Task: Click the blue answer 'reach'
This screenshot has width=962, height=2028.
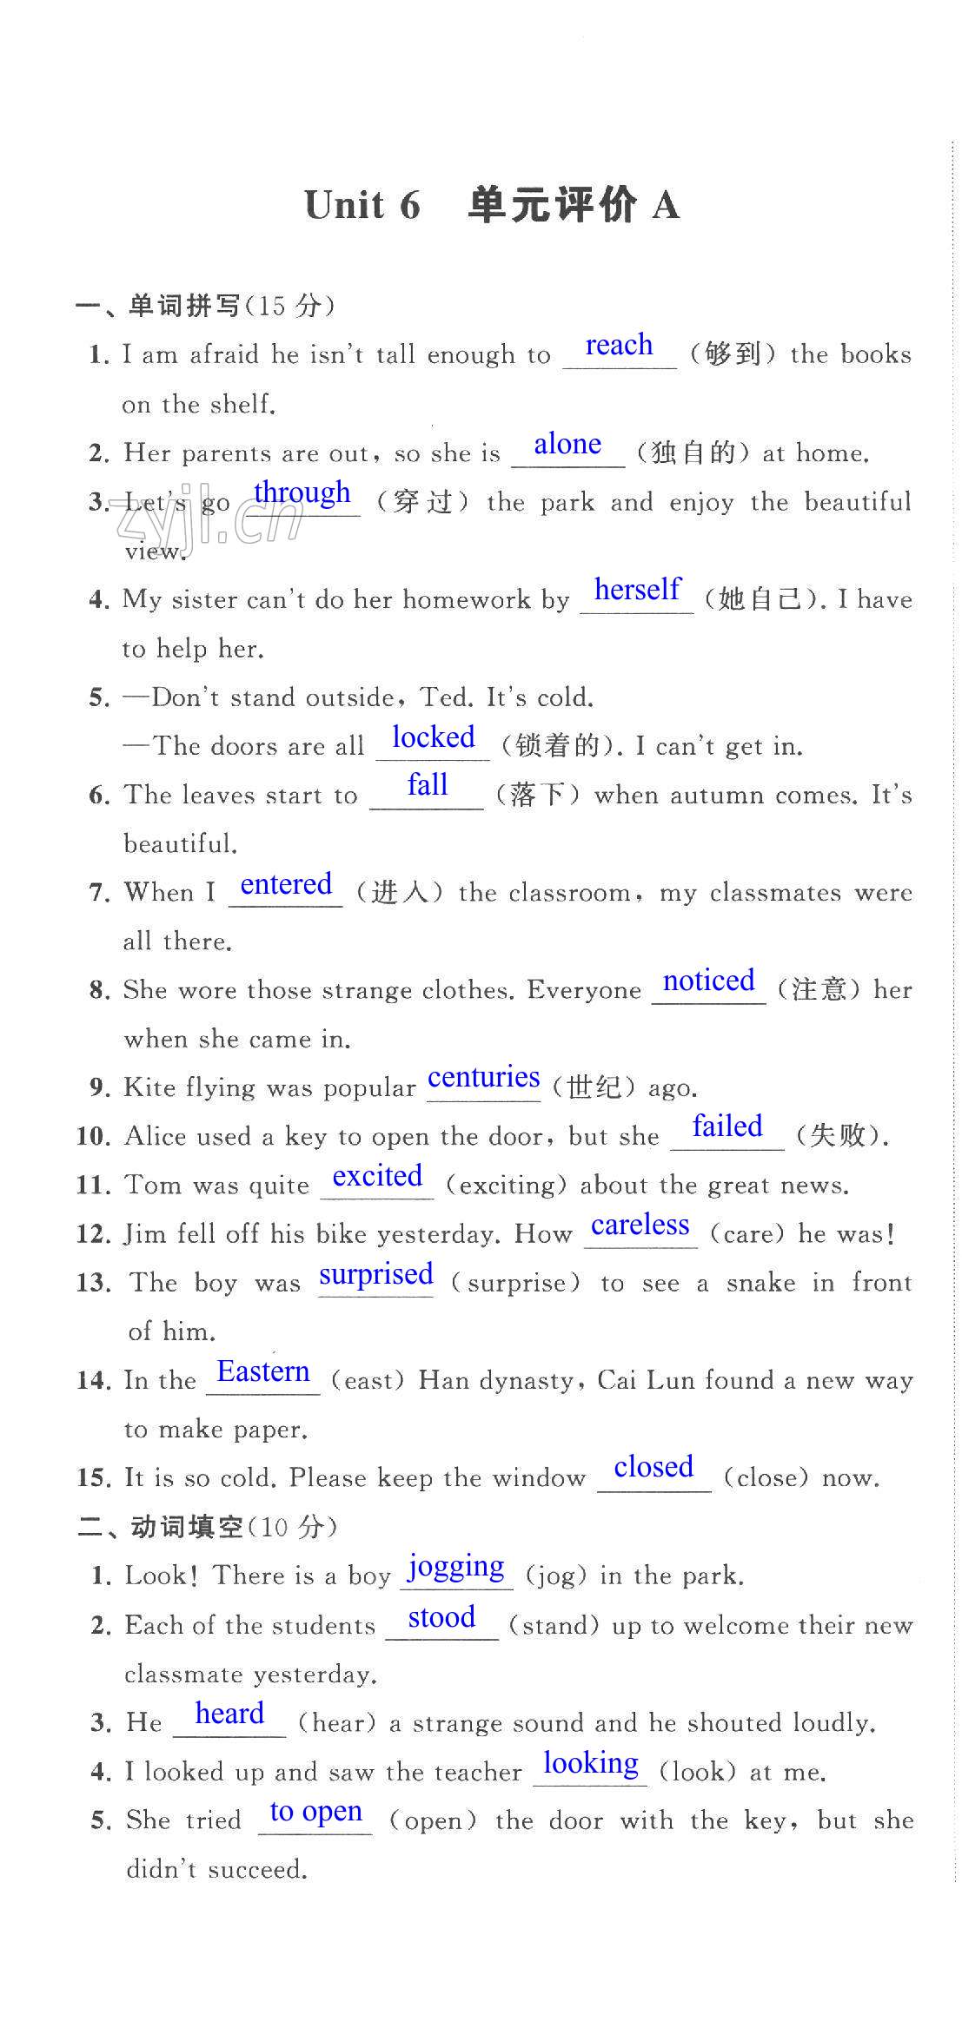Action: pyautogui.click(x=619, y=346)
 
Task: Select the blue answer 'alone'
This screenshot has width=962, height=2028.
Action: pyautogui.click(x=567, y=445)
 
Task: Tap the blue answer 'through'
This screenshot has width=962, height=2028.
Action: pyautogui.click(x=302, y=492)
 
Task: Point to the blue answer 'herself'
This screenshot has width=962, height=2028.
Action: pyautogui.click(x=637, y=590)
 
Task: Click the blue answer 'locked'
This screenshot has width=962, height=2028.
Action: pyautogui.click(x=433, y=737)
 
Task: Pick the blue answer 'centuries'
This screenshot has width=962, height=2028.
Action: pyautogui.click(x=483, y=1078)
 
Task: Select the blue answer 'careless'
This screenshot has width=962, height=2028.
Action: pyautogui.click(x=640, y=1225)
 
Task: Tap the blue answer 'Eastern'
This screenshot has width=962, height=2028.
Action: pyautogui.click(x=262, y=1372)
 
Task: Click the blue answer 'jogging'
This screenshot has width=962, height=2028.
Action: pyautogui.click(x=456, y=1568)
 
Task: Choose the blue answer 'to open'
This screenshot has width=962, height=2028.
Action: pyautogui.click(x=315, y=1812)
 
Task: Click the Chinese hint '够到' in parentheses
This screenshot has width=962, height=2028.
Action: pyautogui.click(x=733, y=354)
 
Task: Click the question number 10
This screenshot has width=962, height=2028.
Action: pyautogui.click(x=93, y=1137)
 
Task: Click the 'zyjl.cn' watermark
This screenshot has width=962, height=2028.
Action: pyautogui.click(x=209, y=523)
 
